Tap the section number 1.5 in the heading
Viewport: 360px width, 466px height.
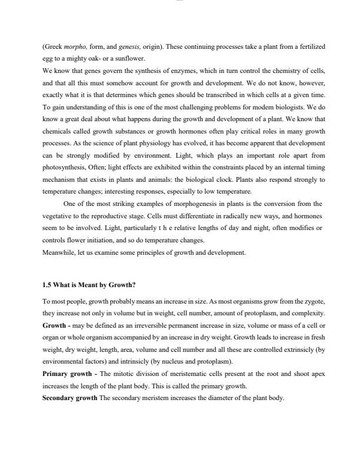pyautogui.click(x=48, y=285)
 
